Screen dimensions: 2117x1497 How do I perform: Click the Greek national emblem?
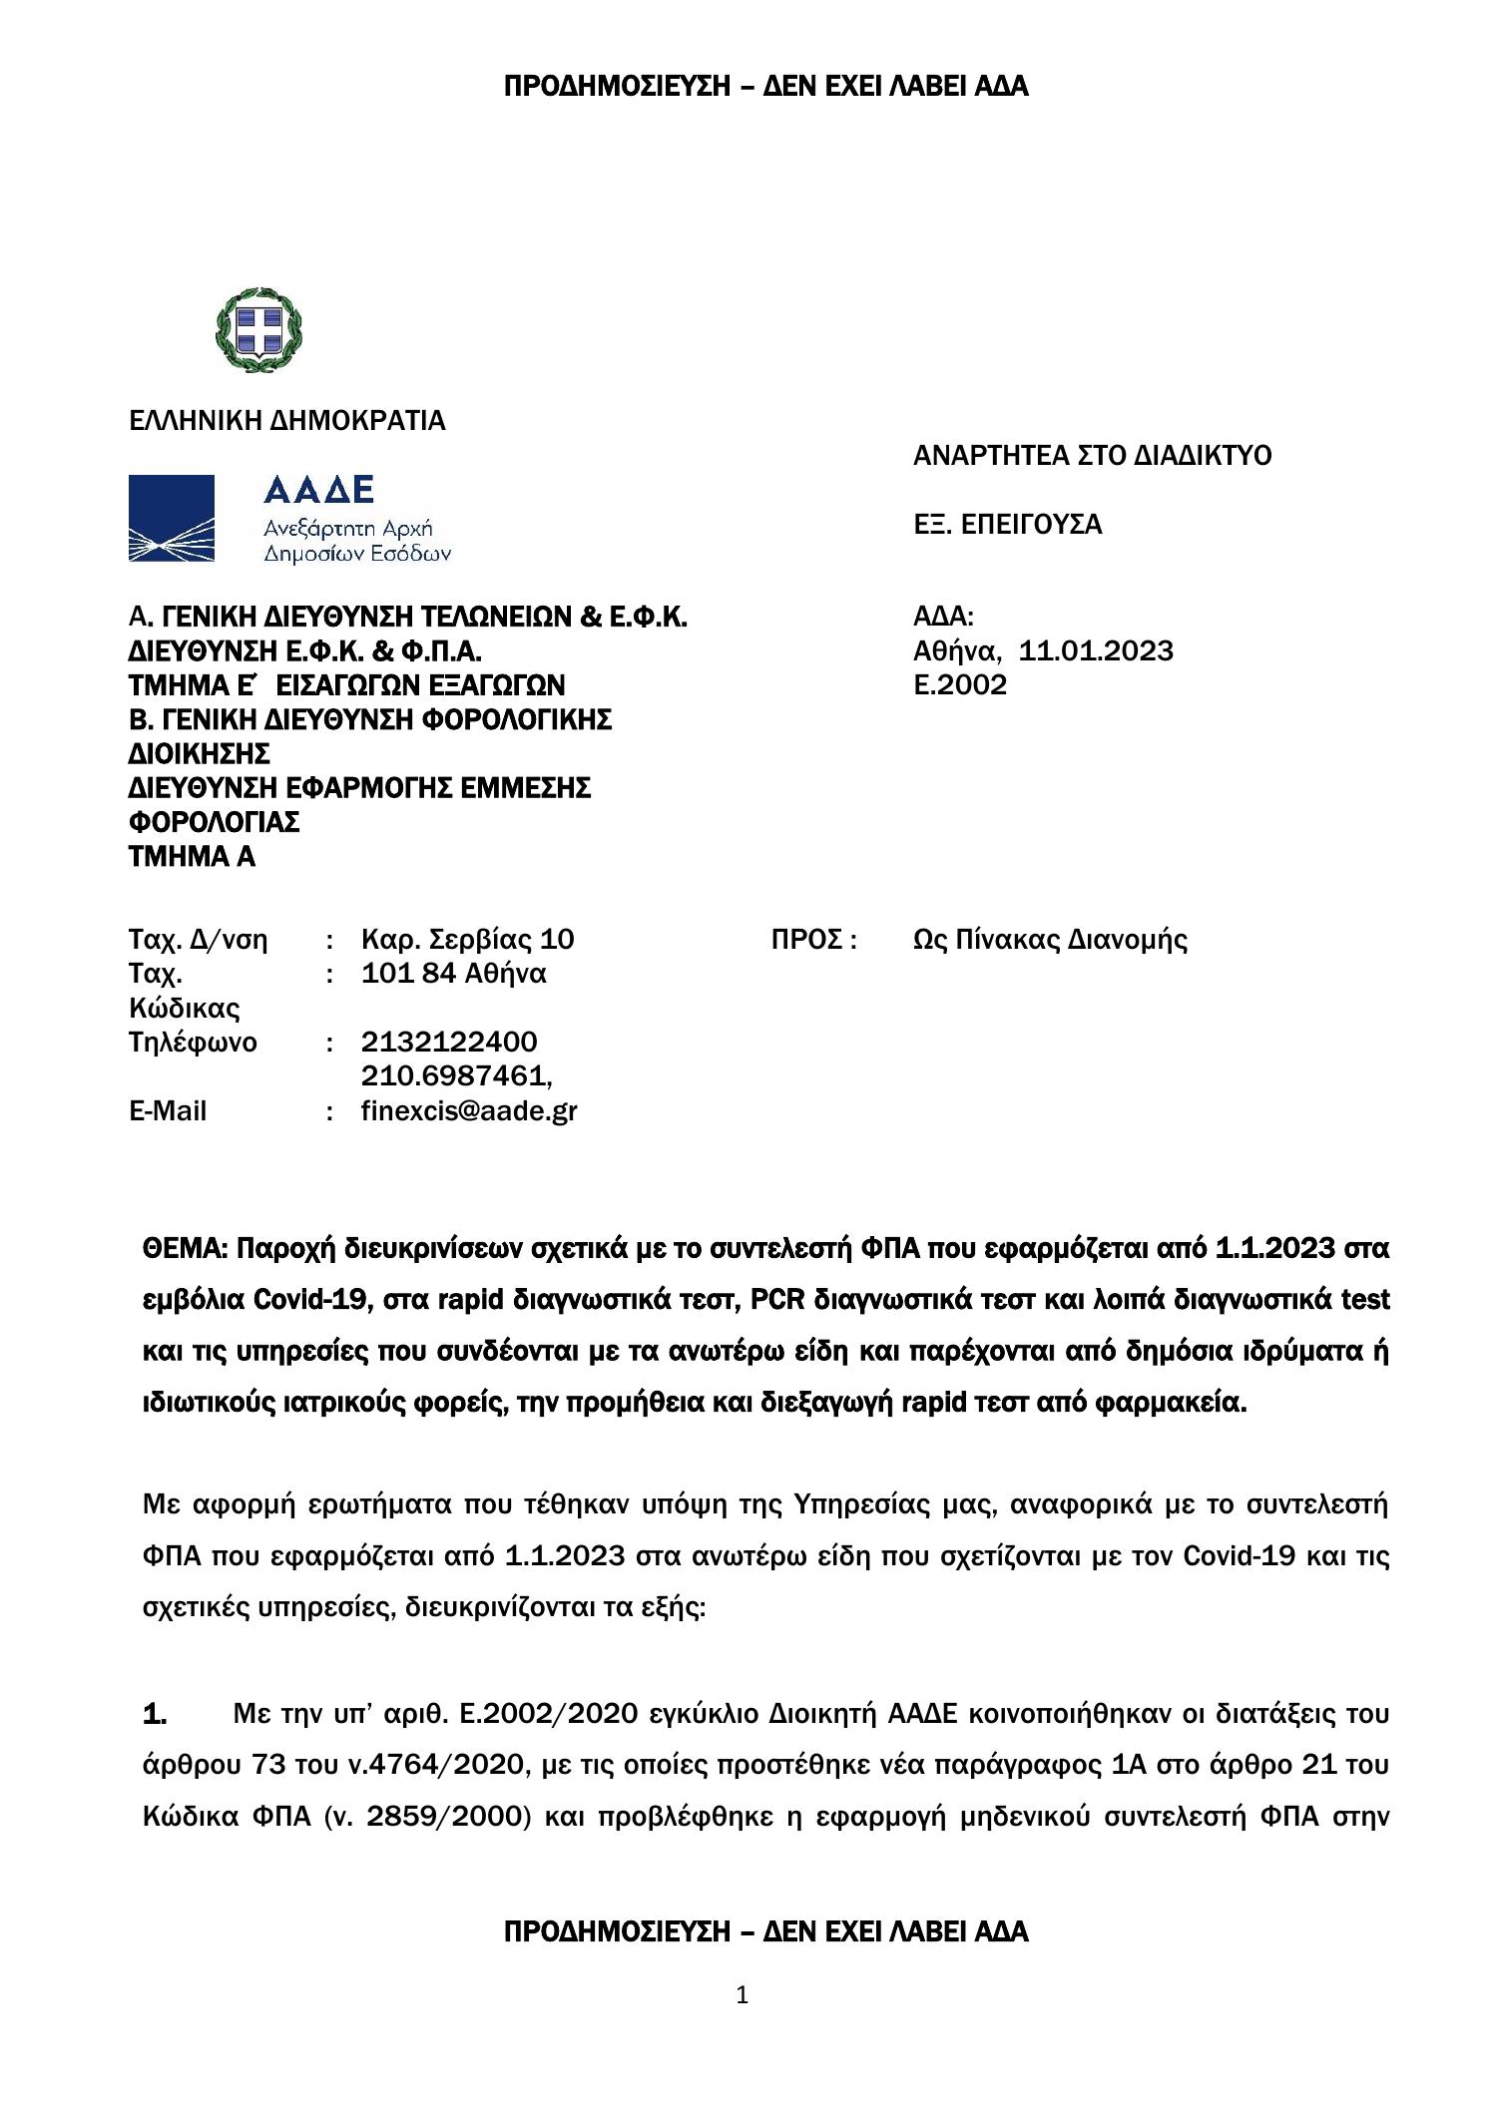(258, 330)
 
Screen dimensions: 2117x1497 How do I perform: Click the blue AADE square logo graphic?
(172, 518)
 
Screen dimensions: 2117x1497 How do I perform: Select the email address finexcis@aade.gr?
(469, 1111)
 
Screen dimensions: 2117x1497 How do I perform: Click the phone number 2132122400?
(449, 1043)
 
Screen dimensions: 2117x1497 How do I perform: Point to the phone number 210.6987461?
(456, 1076)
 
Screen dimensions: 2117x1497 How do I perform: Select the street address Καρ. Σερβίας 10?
(468, 940)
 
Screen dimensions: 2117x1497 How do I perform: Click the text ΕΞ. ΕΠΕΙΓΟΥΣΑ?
(1008, 525)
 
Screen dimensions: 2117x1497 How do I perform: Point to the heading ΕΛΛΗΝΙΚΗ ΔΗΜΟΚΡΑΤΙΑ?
(287, 421)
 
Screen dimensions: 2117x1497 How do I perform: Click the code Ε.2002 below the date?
(960, 685)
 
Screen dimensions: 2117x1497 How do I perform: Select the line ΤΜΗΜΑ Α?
(193, 857)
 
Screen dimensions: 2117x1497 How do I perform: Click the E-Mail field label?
(169, 1111)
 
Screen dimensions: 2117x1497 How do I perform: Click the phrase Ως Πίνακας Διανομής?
(1050, 940)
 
